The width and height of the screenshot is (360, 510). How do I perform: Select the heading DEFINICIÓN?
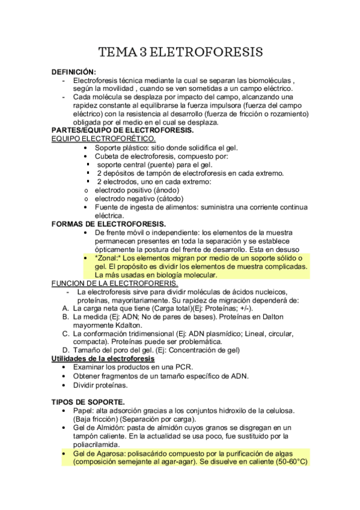coord(74,72)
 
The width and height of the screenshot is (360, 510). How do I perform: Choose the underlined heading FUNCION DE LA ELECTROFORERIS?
coord(115,283)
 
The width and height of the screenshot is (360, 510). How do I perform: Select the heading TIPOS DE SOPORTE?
coord(88,401)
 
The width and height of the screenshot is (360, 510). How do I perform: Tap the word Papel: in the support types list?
coord(85,410)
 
